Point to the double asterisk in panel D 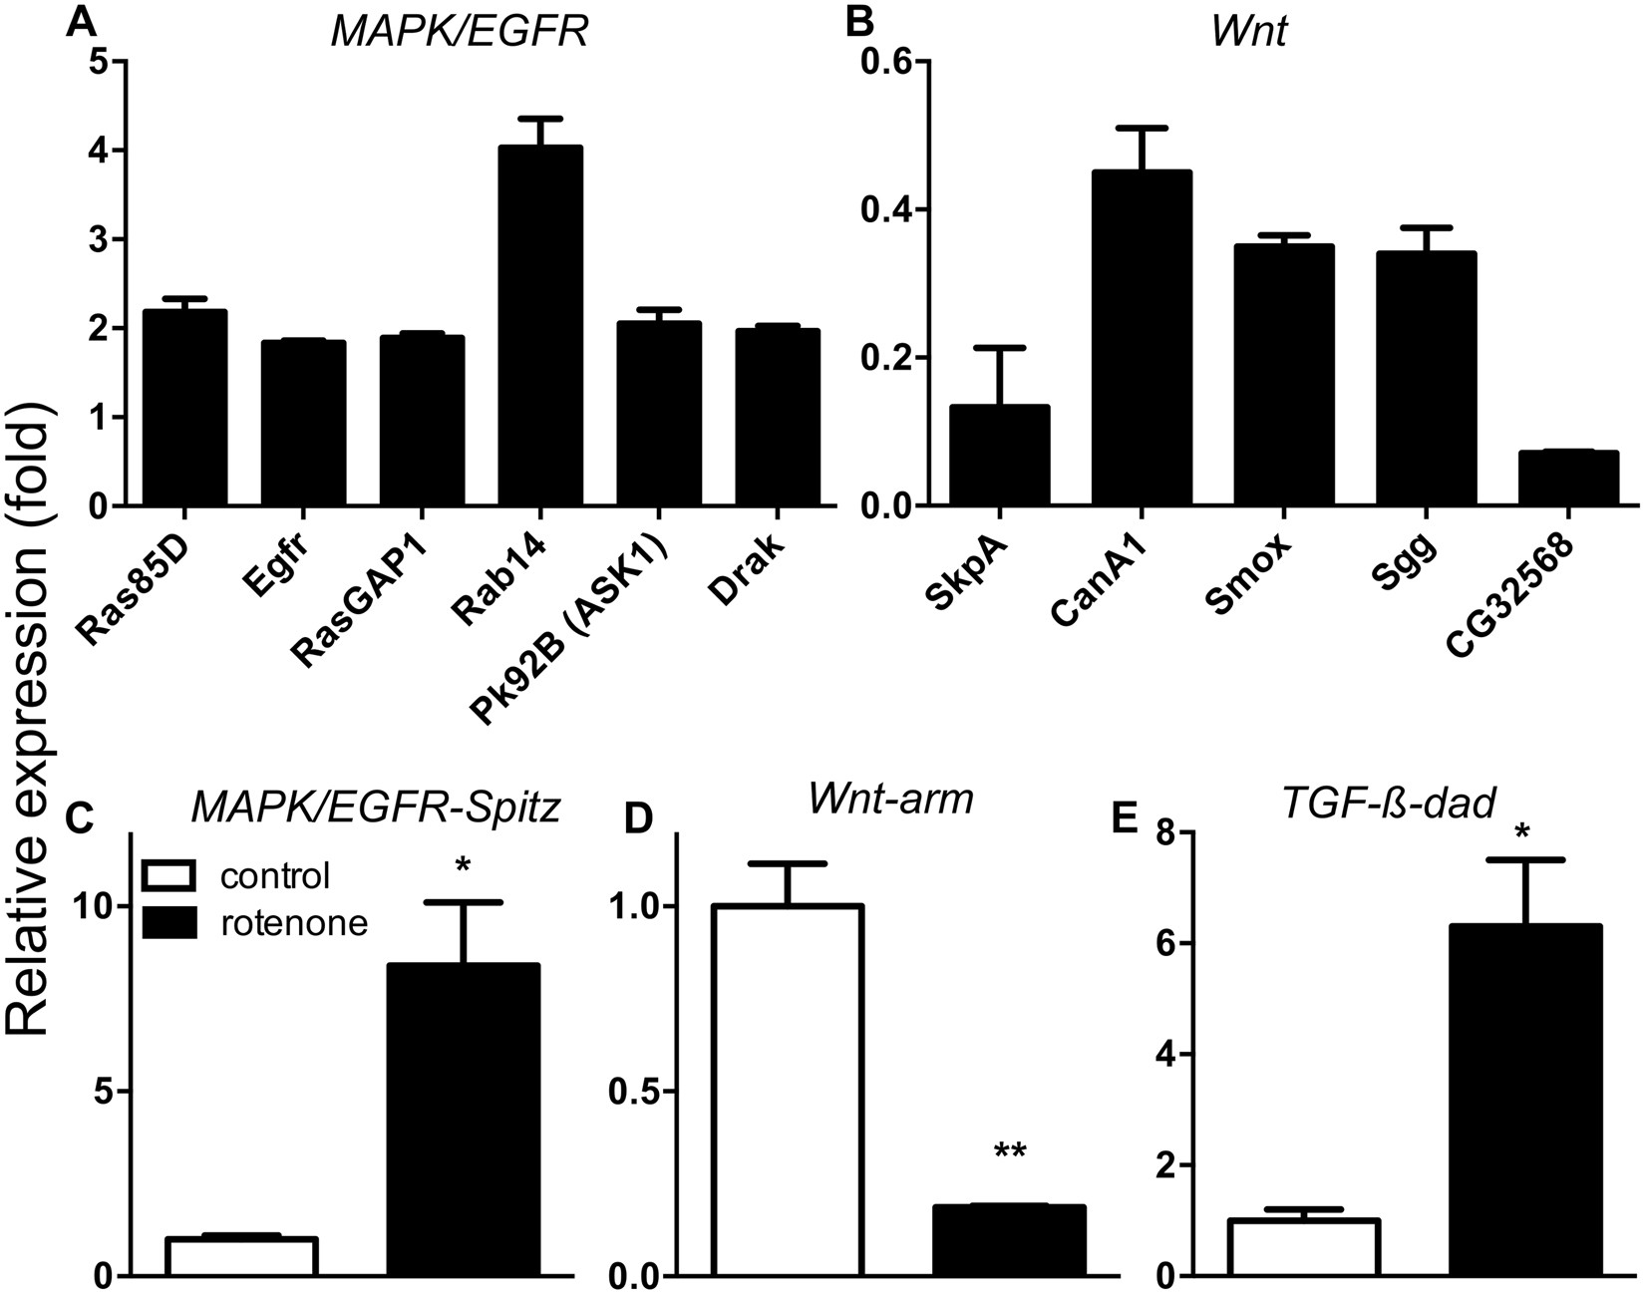[1009, 1152]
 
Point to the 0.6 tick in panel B [885, 62]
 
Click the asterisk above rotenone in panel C [463, 863]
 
